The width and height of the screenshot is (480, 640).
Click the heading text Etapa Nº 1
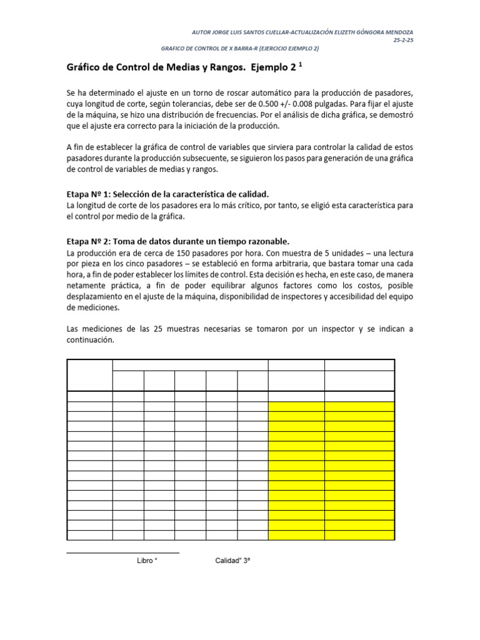89,194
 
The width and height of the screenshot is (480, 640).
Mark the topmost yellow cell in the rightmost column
359,406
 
